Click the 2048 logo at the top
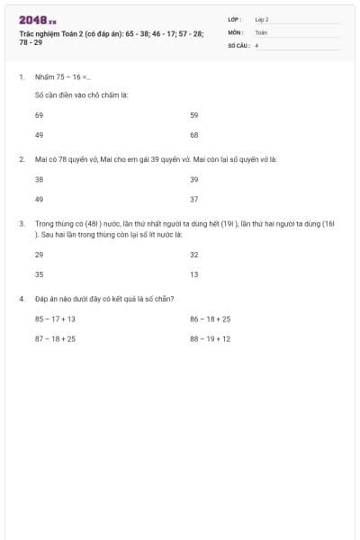tap(36, 20)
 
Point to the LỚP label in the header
tap(235, 19)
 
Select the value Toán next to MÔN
tap(261, 31)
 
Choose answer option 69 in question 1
tap(39, 115)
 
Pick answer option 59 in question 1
tap(193, 115)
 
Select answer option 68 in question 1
tap(193, 134)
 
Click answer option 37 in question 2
tap(193, 199)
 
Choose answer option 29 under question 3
tap(39, 255)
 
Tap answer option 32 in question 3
tap(193, 255)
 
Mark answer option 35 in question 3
tap(39, 274)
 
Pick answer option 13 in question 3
tap(193, 274)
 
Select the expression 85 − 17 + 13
tap(55, 319)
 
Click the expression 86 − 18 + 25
tap(210, 319)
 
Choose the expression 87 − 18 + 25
tap(55, 338)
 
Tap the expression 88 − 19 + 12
tap(210, 338)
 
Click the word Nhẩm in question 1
tap(44, 77)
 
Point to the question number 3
tap(21, 222)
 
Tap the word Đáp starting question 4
tap(42, 298)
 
